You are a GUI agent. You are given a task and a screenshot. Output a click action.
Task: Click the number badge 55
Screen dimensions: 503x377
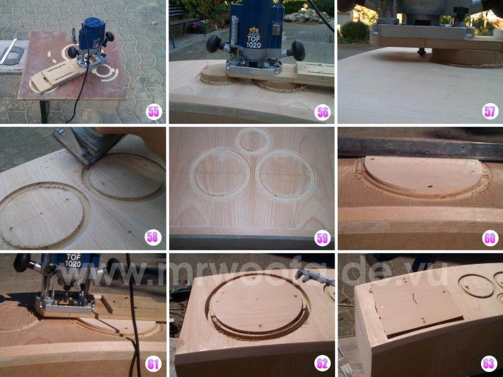[x=153, y=112]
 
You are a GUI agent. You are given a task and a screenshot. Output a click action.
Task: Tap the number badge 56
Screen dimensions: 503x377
[x=323, y=112]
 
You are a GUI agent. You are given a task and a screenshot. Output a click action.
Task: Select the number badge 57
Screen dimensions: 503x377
[x=490, y=112]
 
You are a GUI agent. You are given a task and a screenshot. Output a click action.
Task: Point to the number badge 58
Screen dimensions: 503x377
[x=152, y=238]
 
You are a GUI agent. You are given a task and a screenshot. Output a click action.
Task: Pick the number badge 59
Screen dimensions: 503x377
[x=323, y=238]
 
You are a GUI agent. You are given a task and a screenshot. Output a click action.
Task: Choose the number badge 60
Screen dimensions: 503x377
[x=490, y=238]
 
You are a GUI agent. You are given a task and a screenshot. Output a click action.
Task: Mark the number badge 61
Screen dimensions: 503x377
[x=153, y=364]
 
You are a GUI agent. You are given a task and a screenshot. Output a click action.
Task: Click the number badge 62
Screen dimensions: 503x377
[x=323, y=364]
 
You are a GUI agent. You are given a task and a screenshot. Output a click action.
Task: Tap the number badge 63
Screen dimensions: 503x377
[x=489, y=364]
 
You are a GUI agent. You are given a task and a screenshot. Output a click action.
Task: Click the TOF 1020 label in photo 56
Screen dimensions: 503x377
[x=253, y=41]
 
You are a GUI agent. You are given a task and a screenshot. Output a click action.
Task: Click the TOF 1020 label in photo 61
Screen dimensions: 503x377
[x=73, y=260]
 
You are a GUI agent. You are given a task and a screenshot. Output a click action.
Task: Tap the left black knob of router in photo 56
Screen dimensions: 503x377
[x=214, y=43]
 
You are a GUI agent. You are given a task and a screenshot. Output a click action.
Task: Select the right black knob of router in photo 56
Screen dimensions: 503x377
[x=298, y=50]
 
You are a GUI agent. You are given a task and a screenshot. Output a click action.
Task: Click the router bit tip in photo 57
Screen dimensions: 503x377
[x=422, y=52]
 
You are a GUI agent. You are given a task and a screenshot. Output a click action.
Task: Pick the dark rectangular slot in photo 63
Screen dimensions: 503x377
[x=426, y=327]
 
